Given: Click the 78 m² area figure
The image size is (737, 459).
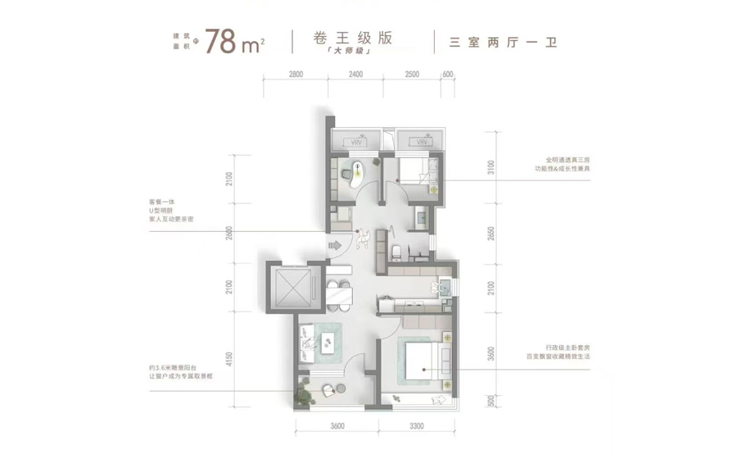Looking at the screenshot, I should (233, 41).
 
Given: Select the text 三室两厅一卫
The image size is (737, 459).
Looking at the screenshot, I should (503, 42).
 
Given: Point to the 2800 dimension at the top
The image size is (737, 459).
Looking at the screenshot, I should (296, 75).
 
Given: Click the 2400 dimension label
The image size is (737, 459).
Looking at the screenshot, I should (355, 75).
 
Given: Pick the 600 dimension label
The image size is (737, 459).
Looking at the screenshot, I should (447, 75).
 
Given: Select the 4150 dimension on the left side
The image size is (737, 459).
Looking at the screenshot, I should (229, 358).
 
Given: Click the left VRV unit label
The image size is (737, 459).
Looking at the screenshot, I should (355, 143).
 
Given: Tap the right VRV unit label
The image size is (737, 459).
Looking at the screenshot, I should (422, 143).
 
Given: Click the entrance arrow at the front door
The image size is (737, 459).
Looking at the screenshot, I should (334, 244).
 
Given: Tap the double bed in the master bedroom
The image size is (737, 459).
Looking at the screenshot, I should (423, 361).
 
